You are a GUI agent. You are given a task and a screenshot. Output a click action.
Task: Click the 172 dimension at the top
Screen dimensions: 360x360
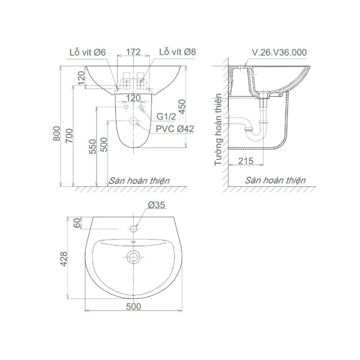point(133,52)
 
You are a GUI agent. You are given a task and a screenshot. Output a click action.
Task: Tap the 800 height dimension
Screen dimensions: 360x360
point(56,133)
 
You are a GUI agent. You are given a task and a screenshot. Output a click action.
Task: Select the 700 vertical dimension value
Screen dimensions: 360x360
point(69,136)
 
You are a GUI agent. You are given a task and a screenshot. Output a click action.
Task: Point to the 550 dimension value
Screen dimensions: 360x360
point(92,147)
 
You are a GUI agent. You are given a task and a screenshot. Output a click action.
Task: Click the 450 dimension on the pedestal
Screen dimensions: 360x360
point(182,107)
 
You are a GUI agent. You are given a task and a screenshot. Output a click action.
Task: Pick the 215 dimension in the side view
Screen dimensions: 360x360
point(246,161)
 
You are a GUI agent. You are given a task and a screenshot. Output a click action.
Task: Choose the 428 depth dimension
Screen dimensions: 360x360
point(64,259)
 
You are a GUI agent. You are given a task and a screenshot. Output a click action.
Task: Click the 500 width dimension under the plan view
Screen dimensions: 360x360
point(133,306)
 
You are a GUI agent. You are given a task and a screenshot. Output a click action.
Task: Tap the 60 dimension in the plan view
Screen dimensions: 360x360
point(78,223)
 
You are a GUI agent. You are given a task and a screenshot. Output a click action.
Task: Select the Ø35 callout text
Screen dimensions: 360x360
point(156,205)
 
